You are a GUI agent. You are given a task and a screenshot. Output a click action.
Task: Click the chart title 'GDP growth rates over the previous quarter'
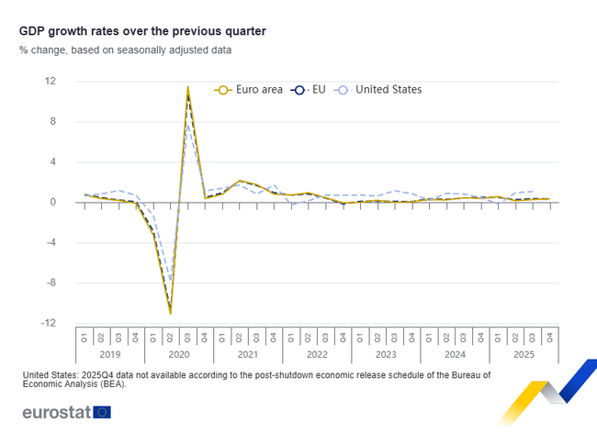pyautogui.click(x=142, y=31)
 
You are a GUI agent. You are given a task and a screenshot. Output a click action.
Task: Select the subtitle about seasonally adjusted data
pyautogui.click(x=125, y=50)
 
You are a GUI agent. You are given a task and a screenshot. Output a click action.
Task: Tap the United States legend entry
pyautogui.click(x=378, y=90)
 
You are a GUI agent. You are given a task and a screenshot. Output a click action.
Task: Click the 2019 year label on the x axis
pyautogui.click(x=110, y=354)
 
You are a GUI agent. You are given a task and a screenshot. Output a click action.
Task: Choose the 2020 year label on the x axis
pyautogui.click(x=179, y=354)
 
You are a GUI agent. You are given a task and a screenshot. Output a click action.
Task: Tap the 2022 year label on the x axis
pyautogui.click(x=317, y=354)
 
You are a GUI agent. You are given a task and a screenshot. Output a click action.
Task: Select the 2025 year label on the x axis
pyautogui.click(x=524, y=354)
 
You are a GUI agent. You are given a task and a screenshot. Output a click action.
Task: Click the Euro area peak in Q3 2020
pyautogui.click(x=187, y=88)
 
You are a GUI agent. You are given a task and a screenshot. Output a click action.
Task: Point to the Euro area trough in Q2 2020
pyautogui.click(x=170, y=313)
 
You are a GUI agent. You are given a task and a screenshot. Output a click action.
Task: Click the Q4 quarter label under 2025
pyautogui.click(x=550, y=337)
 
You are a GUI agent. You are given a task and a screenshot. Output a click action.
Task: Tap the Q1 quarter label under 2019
pyautogui.click(x=84, y=337)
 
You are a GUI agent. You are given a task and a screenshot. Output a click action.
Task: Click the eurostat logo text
pyautogui.click(x=55, y=412)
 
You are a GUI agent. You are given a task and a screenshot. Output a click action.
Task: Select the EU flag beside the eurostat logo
pyautogui.click(x=102, y=412)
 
